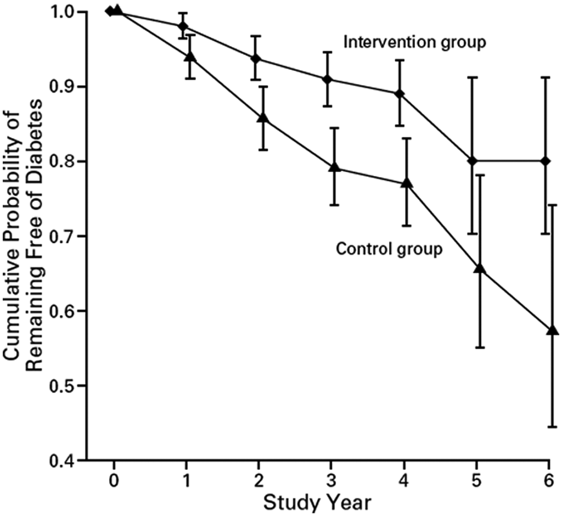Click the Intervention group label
tap(415, 43)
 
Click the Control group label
tap(389, 249)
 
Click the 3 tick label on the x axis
tap(331, 481)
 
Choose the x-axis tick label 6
tap(549, 481)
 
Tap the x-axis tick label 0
tap(113, 481)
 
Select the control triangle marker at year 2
tap(263, 118)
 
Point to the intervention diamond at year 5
tap(473, 161)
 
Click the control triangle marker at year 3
tap(335, 167)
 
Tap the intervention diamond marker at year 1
tap(183, 26)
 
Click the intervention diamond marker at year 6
tap(546, 161)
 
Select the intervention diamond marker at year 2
tap(255, 59)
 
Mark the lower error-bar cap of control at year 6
tap(552, 427)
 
